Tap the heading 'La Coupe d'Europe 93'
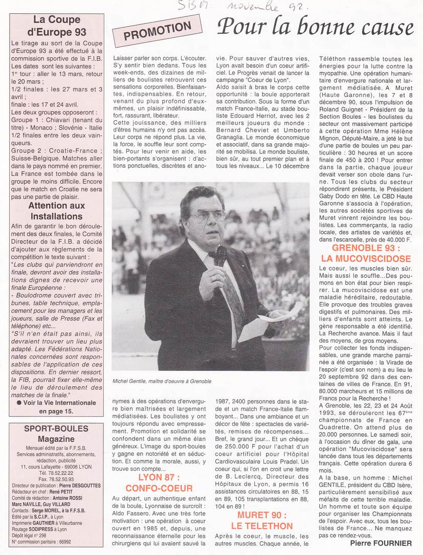click(57, 25)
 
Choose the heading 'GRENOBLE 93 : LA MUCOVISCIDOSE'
click(365, 253)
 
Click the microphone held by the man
click(220, 256)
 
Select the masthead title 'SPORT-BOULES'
click(57, 428)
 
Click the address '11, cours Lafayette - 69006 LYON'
click(57, 466)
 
